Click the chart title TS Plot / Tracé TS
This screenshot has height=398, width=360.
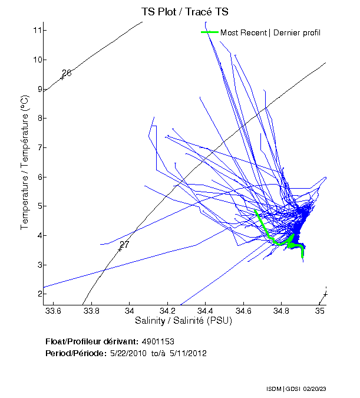184,12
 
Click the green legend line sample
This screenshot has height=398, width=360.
210,32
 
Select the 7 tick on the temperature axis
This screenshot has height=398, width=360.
38,147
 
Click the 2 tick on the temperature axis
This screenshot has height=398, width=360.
38,294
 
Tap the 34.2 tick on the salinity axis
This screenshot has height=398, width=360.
168,311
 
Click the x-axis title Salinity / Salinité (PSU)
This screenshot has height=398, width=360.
184,321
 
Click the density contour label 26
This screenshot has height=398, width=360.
67,73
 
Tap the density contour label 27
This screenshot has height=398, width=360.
124,245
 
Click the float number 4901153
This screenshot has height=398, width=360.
158,341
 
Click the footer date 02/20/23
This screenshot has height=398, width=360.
332,389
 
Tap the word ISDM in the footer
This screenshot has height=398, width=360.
273,389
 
